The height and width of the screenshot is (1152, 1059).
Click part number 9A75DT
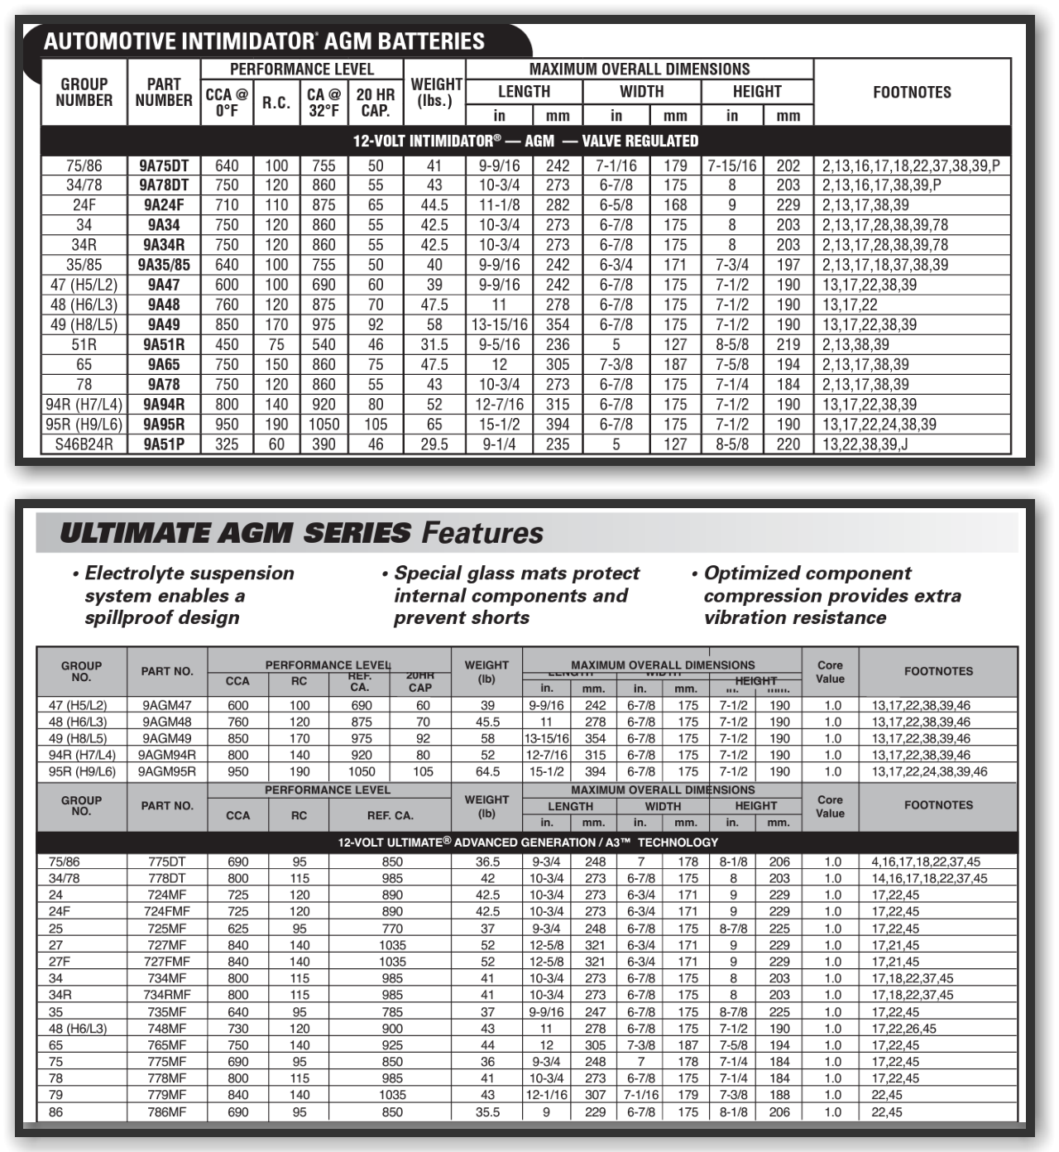[x=164, y=166]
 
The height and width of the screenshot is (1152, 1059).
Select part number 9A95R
[x=164, y=425]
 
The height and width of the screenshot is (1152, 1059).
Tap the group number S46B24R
[x=84, y=444]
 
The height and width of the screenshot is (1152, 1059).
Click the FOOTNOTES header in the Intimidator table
[x=912, y=92]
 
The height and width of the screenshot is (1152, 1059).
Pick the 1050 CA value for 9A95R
[x=323, y=425]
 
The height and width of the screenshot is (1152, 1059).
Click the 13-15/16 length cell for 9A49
[x=500, y=324]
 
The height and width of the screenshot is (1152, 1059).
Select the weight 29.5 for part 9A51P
[x=434, y=444]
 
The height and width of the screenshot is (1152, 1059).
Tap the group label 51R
[x=84, y=344]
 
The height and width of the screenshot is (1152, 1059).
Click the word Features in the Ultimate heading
[x=482, y=533]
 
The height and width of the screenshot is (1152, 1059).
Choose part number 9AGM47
[x=167, y=706]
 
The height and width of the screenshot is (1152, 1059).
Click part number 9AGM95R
[x=167, y=772]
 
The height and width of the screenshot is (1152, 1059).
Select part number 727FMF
[x=167, y=962]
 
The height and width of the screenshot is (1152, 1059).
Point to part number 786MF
[x=167, y=1112]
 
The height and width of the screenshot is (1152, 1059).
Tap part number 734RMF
[x=167, y=995]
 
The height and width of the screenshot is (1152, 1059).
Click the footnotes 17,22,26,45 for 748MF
[x=903, y=1029]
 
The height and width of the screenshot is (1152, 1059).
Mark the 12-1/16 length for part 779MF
[x=546, y=1095]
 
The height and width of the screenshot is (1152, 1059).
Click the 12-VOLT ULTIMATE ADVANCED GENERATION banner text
[x=528, y=842]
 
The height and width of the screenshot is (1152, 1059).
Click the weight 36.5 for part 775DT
[x=487, y=862]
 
